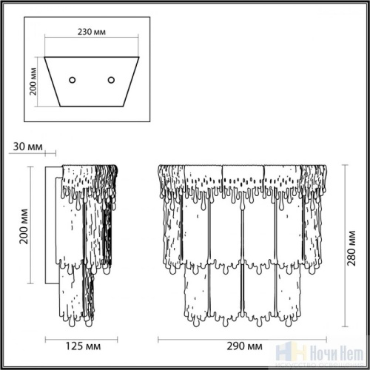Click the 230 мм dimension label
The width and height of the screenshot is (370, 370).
pos(92,33)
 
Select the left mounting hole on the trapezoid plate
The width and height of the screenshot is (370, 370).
pos(73,79)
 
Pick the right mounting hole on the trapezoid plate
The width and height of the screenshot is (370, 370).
pos(112,79)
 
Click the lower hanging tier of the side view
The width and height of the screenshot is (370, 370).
pos(78,296)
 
